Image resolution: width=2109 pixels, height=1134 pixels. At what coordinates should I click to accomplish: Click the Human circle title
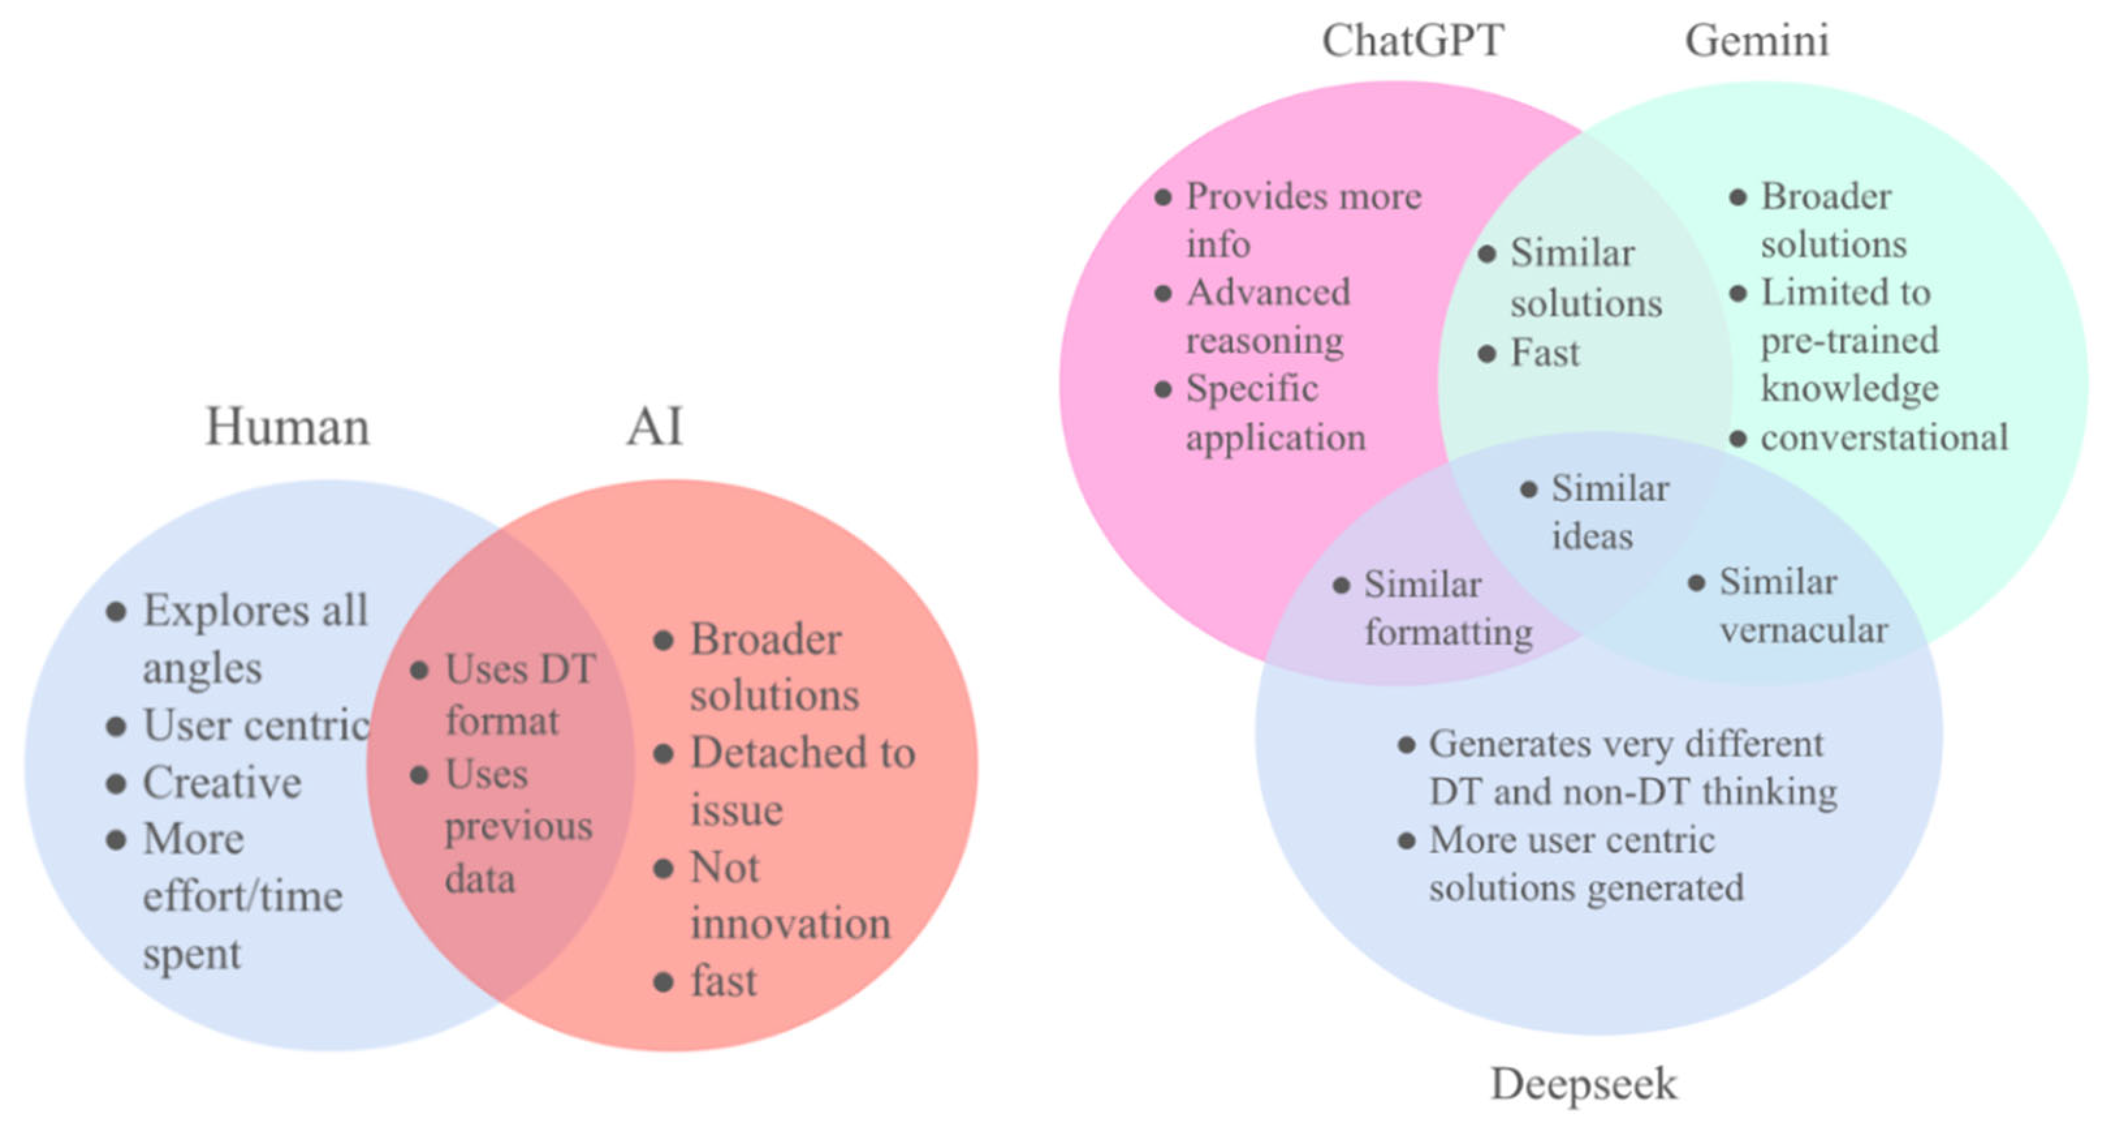click(288, 426)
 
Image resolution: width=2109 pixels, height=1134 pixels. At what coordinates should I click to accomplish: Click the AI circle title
click(654, 426)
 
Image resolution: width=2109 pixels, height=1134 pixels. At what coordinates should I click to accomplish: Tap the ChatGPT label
click(1413, 40)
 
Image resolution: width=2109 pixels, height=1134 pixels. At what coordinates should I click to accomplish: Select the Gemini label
click(1757, 40)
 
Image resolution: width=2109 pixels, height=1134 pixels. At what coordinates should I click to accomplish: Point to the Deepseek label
click(1583, 1084)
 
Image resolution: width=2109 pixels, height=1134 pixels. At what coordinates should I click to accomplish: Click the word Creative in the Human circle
click(222, 782)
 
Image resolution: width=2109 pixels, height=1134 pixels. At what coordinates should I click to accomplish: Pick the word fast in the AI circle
click(724, 981)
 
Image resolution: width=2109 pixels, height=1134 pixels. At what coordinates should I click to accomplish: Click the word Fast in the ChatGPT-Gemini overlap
click(1545, 353)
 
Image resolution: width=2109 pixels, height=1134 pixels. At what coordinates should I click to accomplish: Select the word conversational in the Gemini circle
click(1884, 438)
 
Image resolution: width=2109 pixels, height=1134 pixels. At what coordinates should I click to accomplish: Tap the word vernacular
click(1804, 630)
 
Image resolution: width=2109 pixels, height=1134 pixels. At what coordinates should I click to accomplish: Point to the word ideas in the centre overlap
click(1592, 537)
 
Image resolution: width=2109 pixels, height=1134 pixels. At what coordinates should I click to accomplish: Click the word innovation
click(790, 924)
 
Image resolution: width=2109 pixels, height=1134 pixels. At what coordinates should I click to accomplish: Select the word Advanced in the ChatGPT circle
click(1268, 292)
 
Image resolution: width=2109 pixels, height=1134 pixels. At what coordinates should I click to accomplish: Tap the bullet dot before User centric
click(116, 726)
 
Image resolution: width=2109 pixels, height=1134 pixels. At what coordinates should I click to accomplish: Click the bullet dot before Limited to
click(1737, 293)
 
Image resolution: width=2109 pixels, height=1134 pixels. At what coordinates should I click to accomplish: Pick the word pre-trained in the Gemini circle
click(1849, 340)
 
